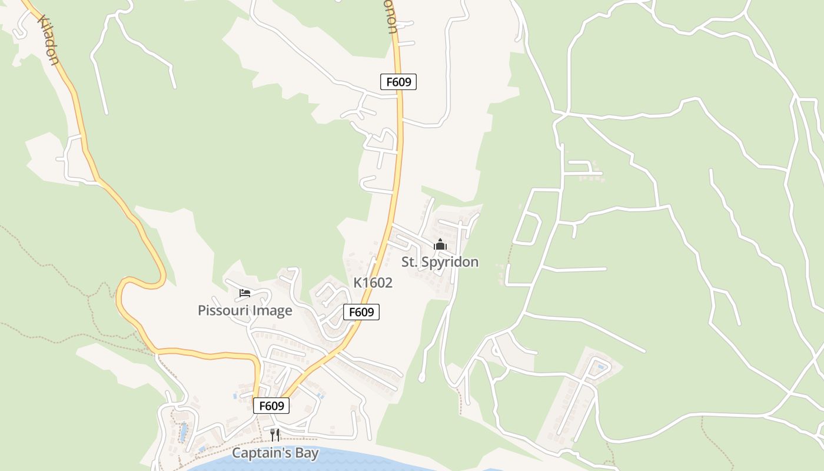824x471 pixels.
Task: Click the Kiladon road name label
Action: tap(48, 40)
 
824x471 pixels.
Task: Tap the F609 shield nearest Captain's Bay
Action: tap(271, 406)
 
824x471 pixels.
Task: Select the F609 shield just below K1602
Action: tap(361, 312)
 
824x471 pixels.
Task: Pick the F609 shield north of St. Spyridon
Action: tap(398, 82)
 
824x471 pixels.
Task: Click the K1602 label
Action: tap(373, 283)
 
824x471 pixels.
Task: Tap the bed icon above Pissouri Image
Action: tap(245, 293)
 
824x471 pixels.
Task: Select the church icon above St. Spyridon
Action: tap(440, 244)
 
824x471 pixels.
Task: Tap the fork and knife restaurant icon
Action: tap(275, 435)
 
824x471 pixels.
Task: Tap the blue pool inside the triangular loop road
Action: tap(600, 367)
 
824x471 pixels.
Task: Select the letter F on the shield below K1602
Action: tap(353, 312)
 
